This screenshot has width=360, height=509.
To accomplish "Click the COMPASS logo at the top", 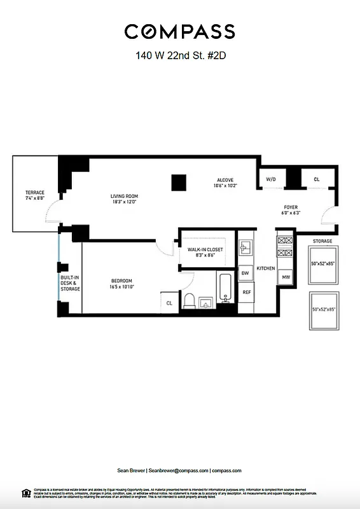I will [179, 31].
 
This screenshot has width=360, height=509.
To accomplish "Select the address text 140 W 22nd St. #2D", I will [181, 55].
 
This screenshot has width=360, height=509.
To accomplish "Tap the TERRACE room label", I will [34, 195].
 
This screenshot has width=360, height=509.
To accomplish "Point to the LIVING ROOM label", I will [124, 199].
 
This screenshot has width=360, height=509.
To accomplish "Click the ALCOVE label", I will [225, 183].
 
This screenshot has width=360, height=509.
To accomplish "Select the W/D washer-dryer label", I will [271, 180].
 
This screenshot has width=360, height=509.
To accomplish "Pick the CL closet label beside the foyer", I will [317, 180].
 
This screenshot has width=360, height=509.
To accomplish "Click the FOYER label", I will [291, 210].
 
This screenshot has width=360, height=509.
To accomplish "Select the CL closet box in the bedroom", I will [169, 303].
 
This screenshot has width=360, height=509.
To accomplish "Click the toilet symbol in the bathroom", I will [190, 300].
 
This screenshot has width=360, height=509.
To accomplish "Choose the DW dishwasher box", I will [246, 274].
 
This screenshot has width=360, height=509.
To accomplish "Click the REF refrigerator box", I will [246, 292].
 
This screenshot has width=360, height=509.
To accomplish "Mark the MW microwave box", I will [286, 277].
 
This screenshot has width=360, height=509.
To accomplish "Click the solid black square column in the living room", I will [178, 183].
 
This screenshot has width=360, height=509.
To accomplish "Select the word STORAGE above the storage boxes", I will [322, 241].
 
